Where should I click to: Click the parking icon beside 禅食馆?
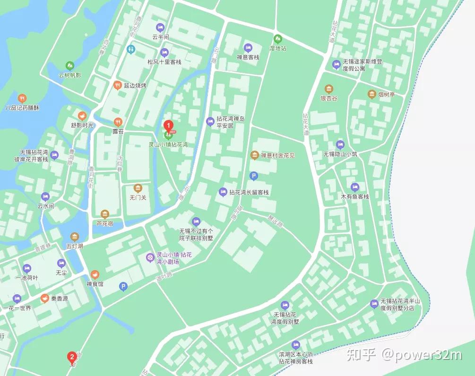pyautogui.click(x=123, y=286)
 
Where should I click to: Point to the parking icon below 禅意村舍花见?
pyautogui.click(x=253, y=176)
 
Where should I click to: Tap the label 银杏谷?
pyautogui.click(x=329, y=98)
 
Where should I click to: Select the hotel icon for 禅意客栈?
pyautogui.click(x=248, y=48)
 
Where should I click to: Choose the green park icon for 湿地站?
pyautogui.click(x=277, y=39)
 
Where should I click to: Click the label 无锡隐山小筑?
pyautogui.click(x=340, y=154)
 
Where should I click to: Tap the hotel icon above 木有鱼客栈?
pyautogui.click(x=354, y=187)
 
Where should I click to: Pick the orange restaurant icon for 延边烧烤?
pyautogui.click(x=118, y=85)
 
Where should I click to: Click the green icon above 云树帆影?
pyautogui.click(x=70, y=65)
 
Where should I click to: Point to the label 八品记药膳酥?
pyautogui.click(x=22, y=108)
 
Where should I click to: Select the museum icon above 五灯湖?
pyautogui.click(x=75, y=236)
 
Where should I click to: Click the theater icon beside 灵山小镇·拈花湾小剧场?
pyautogui.click(x=150, y=257)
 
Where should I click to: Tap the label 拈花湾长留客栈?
pyautogui.click(x=249, y=192)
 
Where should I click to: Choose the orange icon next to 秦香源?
pyautogui.click(x=44, y=298)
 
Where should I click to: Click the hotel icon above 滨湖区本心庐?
pyautogui.click(x=296, y=344)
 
